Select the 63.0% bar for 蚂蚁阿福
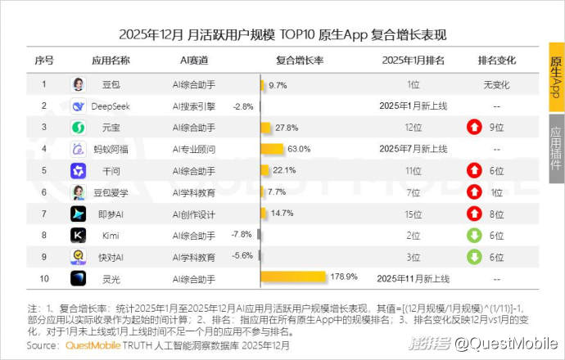[272, 149]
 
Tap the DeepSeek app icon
[78, 106]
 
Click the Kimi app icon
[78, 235]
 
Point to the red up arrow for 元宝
[473, 128]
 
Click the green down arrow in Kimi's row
[473, 235]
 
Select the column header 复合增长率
[299, 61]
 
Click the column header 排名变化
[496, 61]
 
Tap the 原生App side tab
[556, 77]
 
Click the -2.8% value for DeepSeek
[243, 106]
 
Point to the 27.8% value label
[287, 128]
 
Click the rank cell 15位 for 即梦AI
[414, 214]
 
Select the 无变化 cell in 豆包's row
[496, 84]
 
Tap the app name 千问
[111, 170]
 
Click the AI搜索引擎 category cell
[193, 106]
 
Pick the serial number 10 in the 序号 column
[43, 278]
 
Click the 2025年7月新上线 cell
[414, 149]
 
